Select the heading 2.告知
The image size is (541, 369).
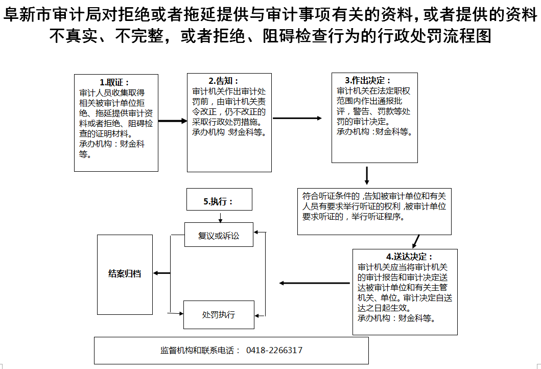[x=223, y=81]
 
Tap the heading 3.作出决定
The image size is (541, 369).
[x=368, y=81]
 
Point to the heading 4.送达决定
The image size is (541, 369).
[x=409, y=257]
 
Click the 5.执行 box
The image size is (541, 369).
[x=219, y=201]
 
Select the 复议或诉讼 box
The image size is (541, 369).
[x=219, y=236]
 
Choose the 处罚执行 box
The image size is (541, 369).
[x=219, y=314]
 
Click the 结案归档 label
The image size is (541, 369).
[x=125, y=273]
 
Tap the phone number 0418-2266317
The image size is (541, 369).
[x=274, y=351]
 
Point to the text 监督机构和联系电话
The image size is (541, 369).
[x=200, y=351]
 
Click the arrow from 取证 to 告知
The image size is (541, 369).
[x=173, y=121]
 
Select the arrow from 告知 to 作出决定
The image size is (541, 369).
[x=297, y=118]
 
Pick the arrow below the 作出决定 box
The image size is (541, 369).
[x=367, y=175]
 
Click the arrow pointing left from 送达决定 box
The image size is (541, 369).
[x=314, y=283]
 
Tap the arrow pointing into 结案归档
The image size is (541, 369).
[x=162, y=273]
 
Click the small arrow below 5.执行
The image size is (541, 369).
[x=220, y=217]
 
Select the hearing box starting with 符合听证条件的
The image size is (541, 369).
[x=374, y=211]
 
